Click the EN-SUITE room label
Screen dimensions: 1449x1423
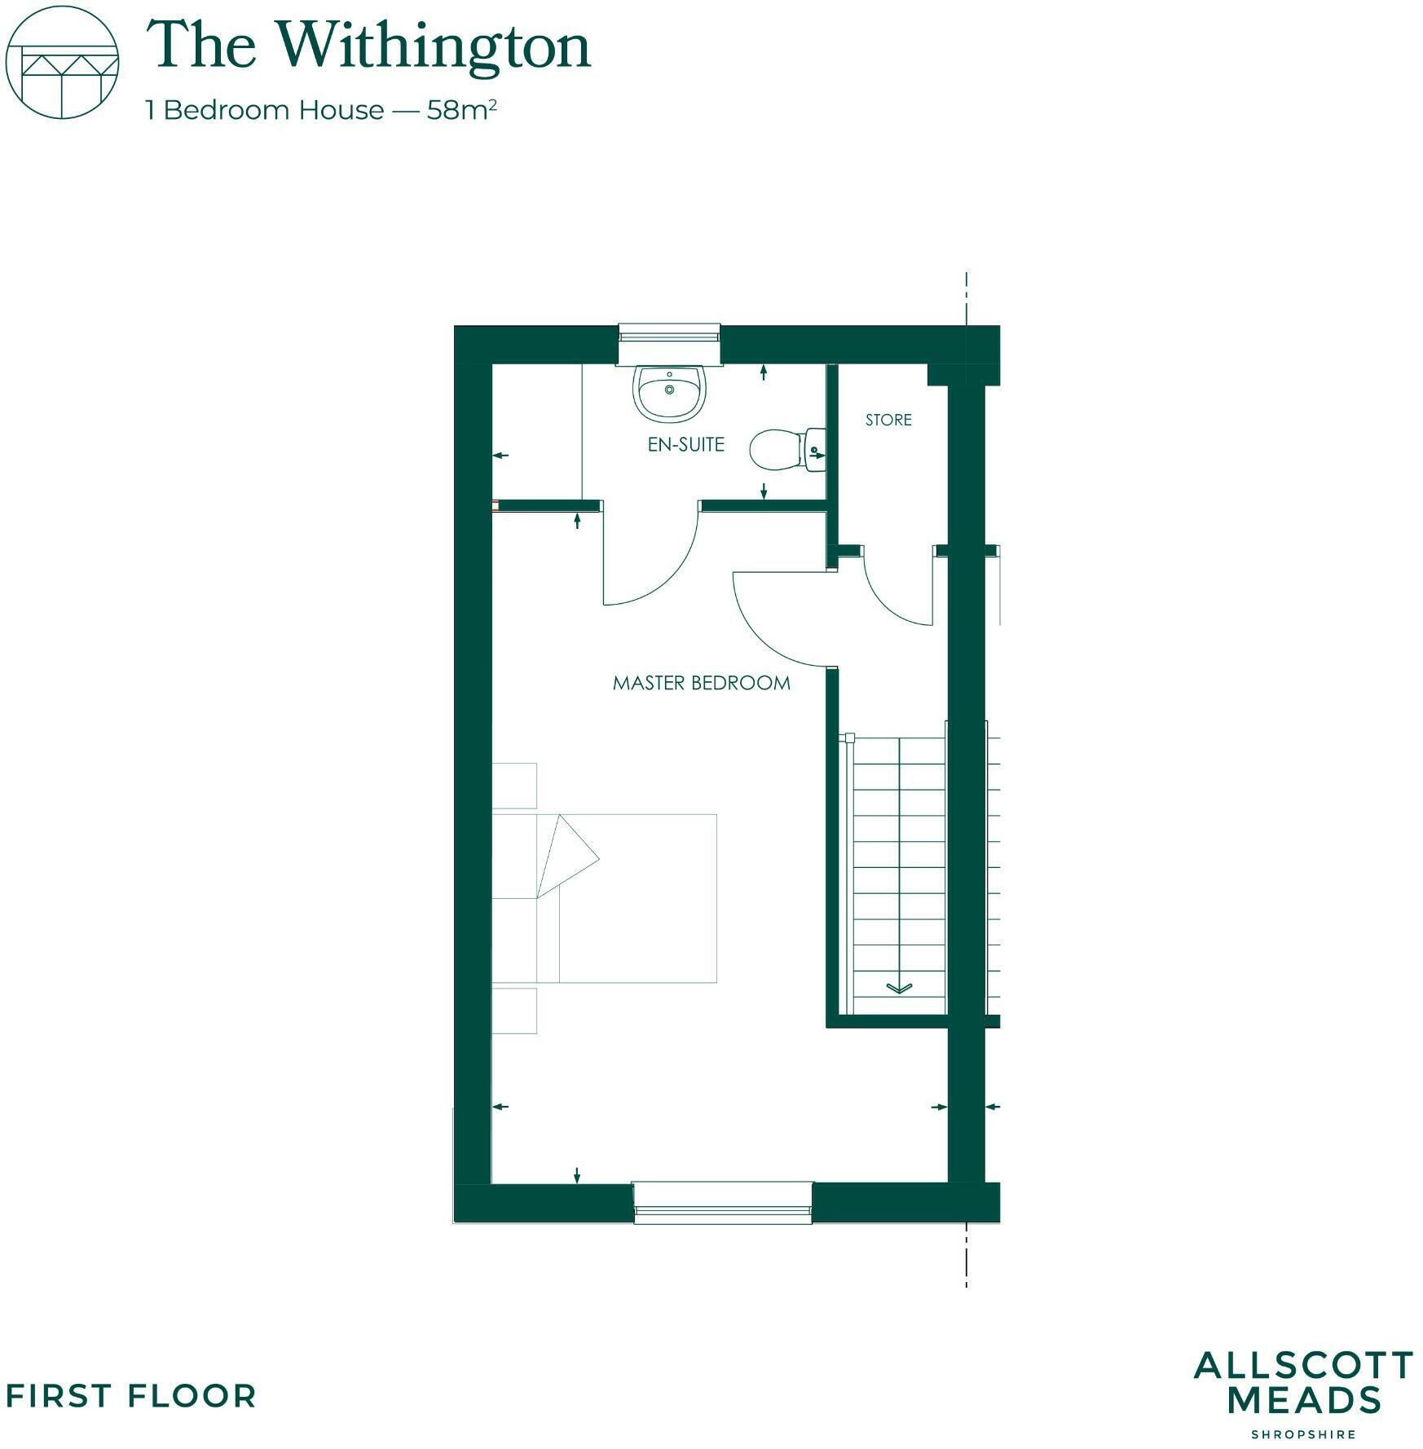(x=685, y=444)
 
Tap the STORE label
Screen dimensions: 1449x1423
(x=888, y=420)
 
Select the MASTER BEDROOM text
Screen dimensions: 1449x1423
(x=701, y=683)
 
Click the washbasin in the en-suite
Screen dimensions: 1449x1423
(x=669, y=392)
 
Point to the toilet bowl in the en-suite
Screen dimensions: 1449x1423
(x=775, y=450)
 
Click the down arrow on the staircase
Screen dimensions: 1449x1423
(x=899, y=988)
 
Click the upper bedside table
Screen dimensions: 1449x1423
(x=514, y=786)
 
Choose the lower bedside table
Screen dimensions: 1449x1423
(x=514, y=1011)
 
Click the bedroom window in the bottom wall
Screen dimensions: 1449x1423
(x=723, y=1203)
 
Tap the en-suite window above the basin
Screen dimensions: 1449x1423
(x=669, y=334)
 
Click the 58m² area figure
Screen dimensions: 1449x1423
(x=461, y=110)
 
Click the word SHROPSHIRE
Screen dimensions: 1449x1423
(x=1303, y=1434)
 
